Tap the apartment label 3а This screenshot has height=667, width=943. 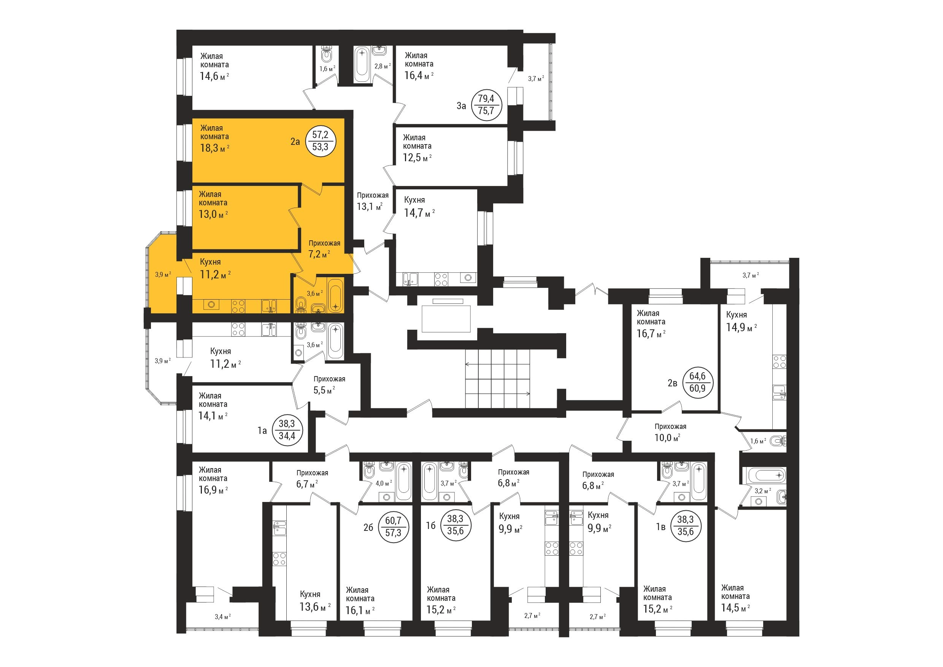[461, 106]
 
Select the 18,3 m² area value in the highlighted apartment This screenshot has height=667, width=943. [214, 148]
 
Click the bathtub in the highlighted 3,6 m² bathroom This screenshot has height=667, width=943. [336, 295]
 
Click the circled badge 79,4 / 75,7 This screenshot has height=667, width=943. [486, 105]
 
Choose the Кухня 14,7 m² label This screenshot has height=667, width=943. [419, 207]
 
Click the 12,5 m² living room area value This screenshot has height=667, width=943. [417, 157]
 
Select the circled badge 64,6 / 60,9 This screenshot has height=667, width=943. [697, 382]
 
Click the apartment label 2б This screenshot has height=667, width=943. [368, 527]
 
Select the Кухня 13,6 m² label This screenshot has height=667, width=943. [314, 600]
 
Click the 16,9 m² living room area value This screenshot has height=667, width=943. [213, 489]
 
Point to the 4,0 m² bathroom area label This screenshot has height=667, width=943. [384, 483]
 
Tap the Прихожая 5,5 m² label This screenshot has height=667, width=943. [329, 384]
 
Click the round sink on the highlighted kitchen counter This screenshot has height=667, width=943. [211, 305]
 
